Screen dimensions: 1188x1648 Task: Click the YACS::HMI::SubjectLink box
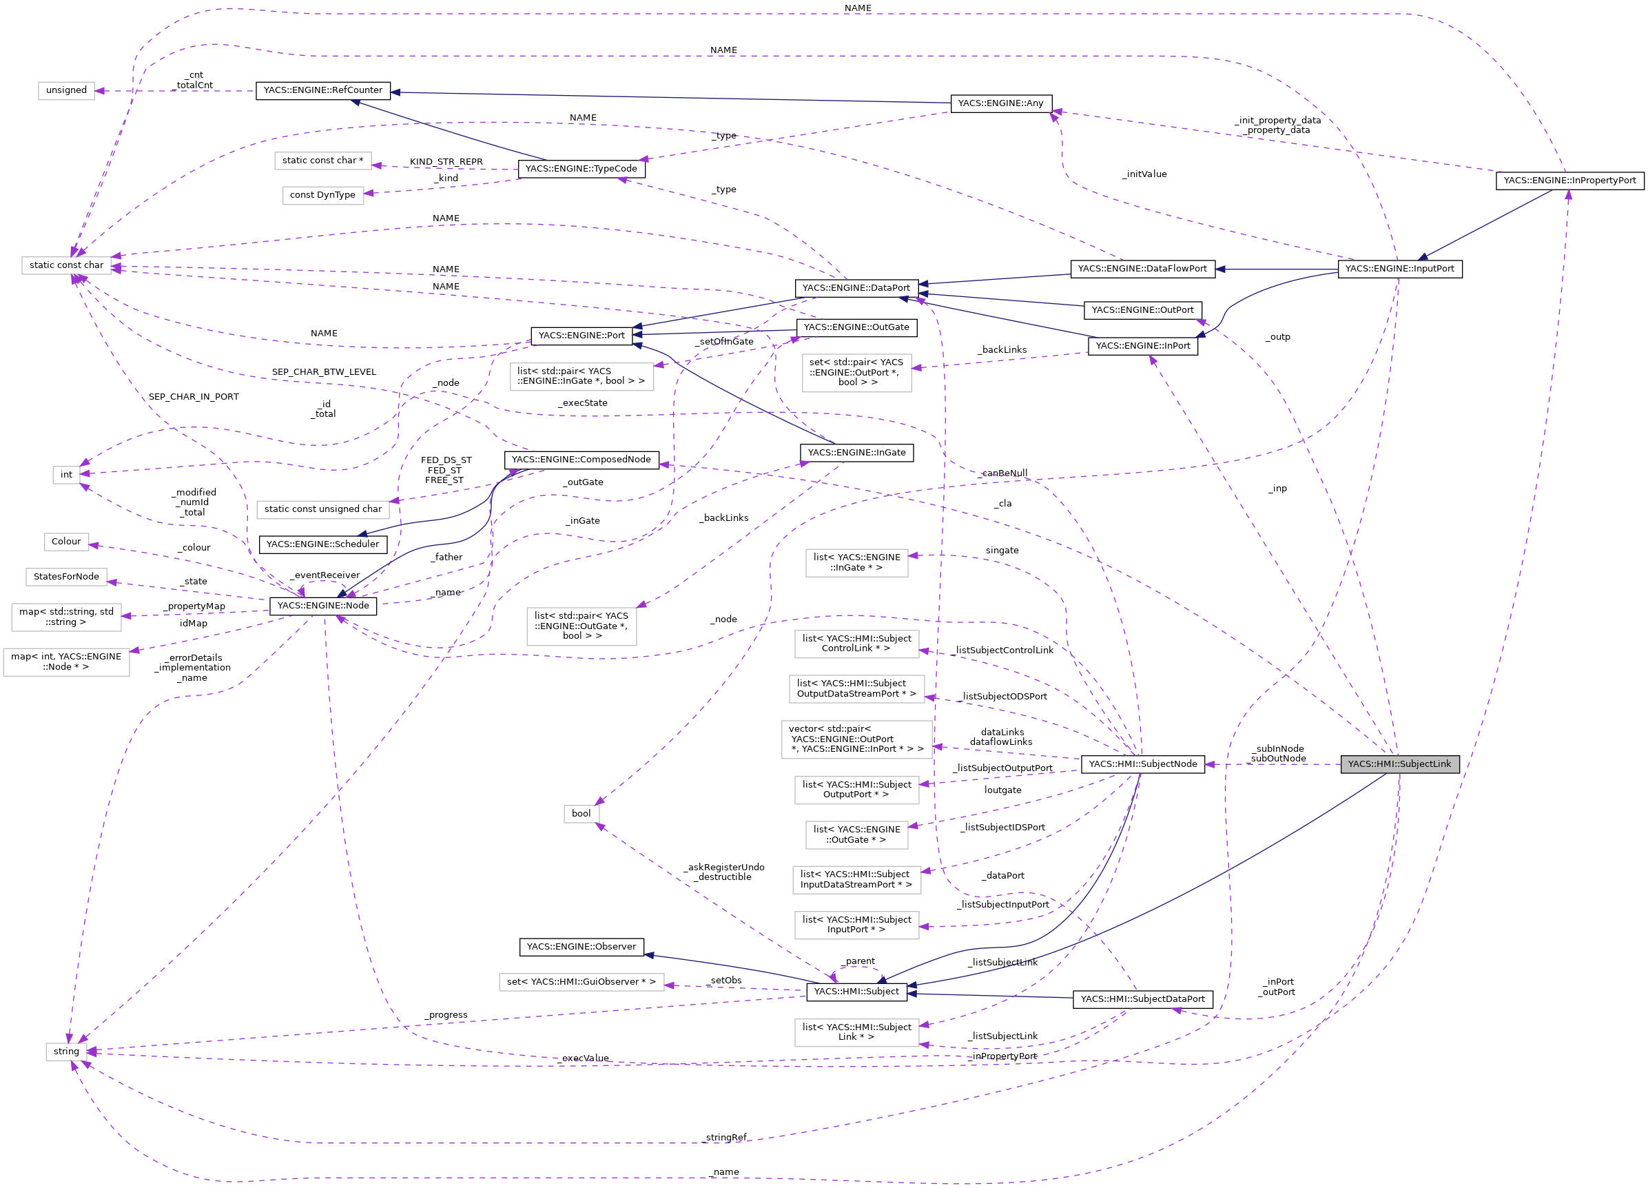pos(1399,764)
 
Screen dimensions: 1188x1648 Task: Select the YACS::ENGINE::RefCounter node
pos(322,90)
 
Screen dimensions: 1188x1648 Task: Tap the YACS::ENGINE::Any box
pos(1000,103)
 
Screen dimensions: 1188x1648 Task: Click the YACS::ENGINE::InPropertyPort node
pos(1569,180)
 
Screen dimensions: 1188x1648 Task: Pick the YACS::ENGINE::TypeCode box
pos(581,169)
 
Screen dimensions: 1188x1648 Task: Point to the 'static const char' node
pos(66,265)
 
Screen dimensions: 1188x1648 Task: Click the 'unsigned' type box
pos(66,90)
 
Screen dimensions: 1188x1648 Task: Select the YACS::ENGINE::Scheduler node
pos(322,544)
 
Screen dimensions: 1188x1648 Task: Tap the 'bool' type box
pos(581,813)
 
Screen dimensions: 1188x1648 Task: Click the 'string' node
pos(66,1051)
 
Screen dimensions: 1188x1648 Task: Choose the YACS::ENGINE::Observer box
pos(581,946)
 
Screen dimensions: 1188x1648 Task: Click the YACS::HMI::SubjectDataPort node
pos(1142,998)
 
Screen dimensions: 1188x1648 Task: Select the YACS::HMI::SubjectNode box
pos(1142,764)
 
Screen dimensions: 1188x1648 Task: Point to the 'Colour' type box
pos(66,542)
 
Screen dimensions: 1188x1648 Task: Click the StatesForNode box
pos(66,576)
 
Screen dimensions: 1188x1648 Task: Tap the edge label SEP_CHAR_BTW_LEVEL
pos(324,372)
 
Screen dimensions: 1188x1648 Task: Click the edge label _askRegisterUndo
pos(723,867)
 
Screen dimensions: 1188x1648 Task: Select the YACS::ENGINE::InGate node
pos(856,452)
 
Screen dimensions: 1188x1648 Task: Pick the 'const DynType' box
pos(322,195)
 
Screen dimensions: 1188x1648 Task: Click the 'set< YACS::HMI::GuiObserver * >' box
pos(581,982)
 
